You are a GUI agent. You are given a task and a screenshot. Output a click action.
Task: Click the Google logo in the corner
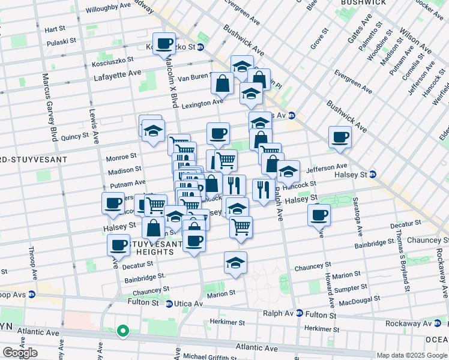point(19,353)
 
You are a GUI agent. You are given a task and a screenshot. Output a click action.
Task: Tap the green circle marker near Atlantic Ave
point(122,330)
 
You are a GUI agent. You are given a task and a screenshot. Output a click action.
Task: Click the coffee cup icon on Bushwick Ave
point(340,137)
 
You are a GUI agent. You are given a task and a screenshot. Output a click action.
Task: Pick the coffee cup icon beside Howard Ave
point(319,214)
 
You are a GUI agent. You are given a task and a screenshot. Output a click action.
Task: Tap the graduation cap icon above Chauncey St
point(235,262)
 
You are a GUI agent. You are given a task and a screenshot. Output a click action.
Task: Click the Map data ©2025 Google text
point(411,355)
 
